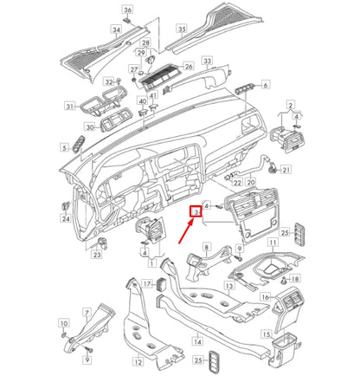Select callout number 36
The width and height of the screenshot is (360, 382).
pyautogui.click(x=128, y=10)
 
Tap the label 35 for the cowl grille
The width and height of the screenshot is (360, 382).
pyautogui.click(x=182, y=29)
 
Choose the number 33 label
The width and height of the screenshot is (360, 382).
pyautogui.click(x=207, y=61)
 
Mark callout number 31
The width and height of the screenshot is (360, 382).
pyautogui.click(x=70, y=106)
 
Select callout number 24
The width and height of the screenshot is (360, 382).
pyautogui.click(x=65, y=219)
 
